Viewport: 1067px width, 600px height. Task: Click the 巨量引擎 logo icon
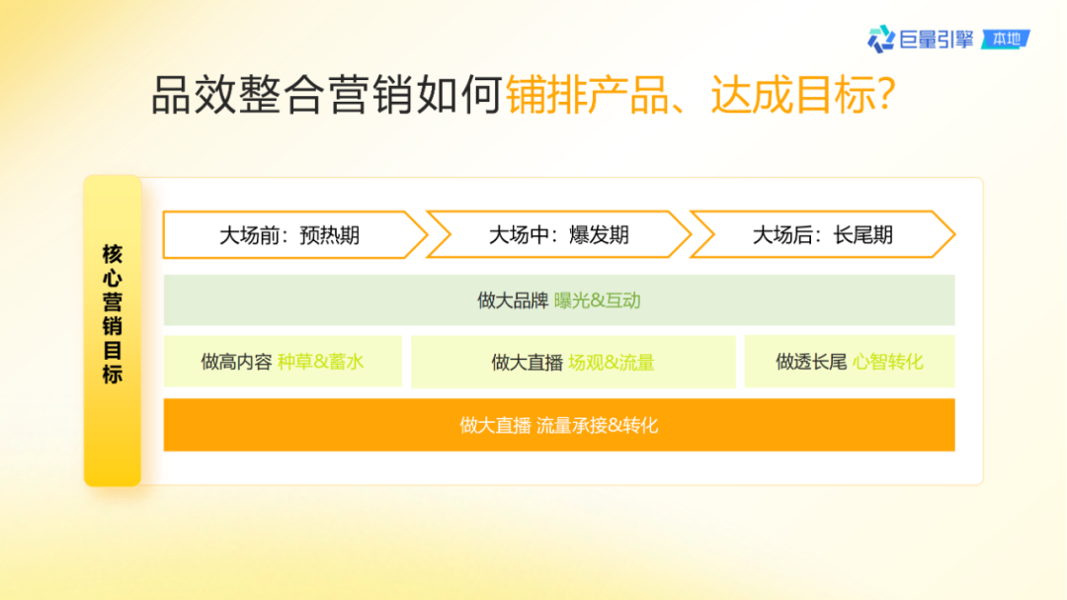point(880,40)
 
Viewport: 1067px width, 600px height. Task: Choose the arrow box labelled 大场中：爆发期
point(558,235)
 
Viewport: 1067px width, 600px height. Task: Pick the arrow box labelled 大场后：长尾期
point(822,235)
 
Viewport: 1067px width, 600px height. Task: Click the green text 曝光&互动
point(598,300)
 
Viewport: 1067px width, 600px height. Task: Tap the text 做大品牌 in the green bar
point(513,300)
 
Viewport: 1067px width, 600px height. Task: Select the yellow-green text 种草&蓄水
point(321,362)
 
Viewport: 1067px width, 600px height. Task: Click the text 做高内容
point(236,362)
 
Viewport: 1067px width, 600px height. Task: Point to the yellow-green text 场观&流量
point(612,363)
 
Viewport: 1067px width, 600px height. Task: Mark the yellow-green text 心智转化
point(888,362)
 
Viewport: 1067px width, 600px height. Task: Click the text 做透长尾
point(811,362)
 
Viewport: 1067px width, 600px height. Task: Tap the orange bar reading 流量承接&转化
point(558,425)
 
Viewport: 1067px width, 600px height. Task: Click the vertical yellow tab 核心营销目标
point(113,330)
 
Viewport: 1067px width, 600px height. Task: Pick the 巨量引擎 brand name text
point(937,40)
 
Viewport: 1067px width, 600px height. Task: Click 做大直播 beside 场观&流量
point(527,363)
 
